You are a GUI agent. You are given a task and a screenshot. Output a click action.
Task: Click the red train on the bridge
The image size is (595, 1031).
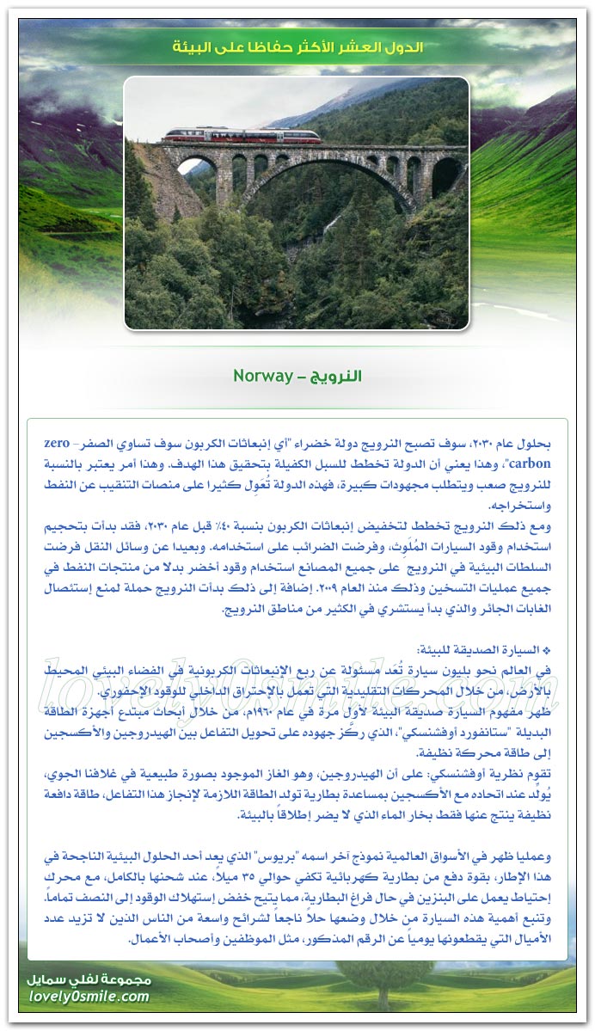coord(242,135)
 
